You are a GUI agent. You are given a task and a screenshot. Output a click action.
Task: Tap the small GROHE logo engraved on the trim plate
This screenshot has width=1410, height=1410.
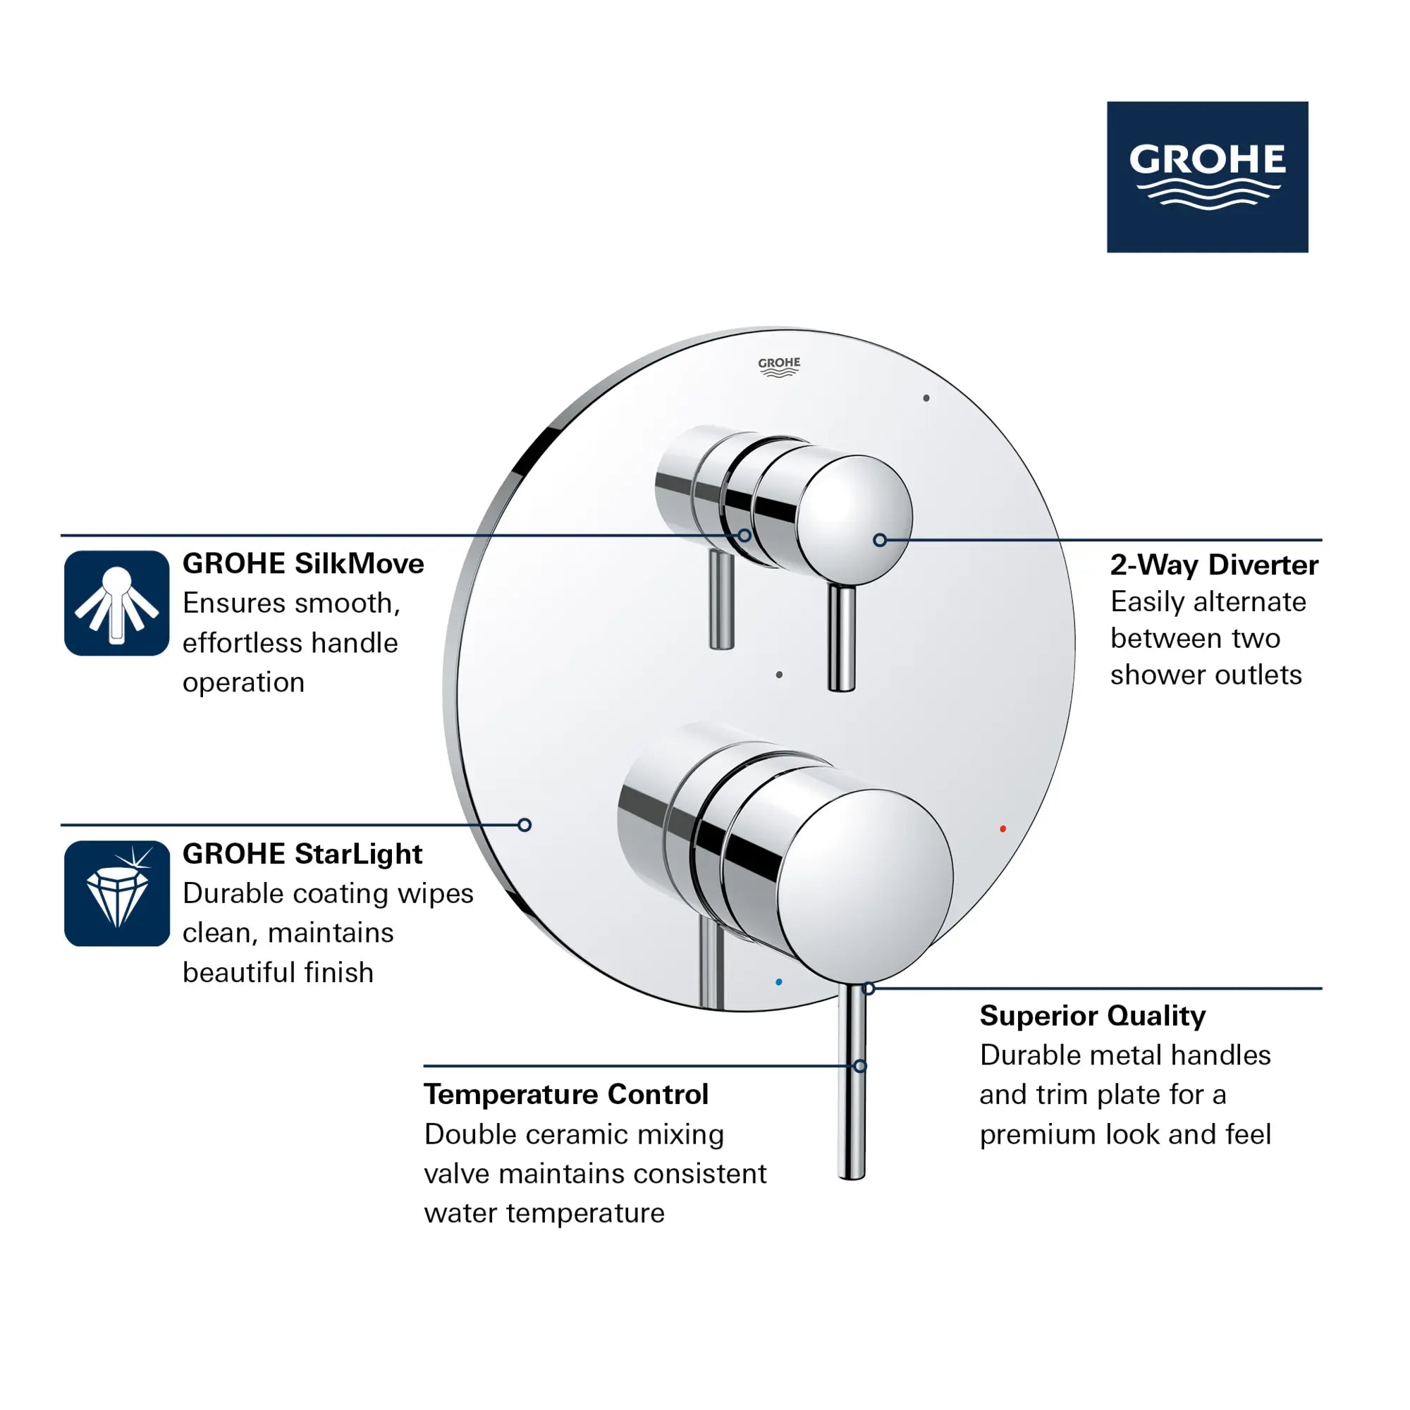point(779,367)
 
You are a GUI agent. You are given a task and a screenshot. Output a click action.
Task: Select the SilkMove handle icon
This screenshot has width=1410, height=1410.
point(117,603)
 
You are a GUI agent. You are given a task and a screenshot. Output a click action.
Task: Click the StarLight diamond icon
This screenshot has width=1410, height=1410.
point(117,893)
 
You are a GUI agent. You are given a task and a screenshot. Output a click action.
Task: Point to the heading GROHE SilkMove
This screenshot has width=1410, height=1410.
point(303,564)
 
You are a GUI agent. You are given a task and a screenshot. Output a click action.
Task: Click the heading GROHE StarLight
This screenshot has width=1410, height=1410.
point(302,854)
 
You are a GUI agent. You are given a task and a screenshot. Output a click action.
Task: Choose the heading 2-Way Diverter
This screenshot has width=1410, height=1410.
point(1214,565)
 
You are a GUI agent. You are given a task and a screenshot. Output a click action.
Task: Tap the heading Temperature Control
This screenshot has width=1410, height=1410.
point(565,1095)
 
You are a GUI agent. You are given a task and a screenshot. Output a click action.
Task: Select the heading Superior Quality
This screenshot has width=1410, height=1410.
point(1092,1016)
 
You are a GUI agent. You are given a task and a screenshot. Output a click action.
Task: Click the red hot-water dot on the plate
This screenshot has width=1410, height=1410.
point(1003,829)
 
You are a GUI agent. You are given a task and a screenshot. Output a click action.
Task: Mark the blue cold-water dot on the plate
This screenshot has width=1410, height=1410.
point(779,982)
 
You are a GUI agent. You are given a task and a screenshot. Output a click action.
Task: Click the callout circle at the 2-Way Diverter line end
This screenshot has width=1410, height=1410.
point(879,540)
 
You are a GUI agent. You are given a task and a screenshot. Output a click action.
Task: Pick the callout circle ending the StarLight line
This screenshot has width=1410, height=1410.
point(524,826)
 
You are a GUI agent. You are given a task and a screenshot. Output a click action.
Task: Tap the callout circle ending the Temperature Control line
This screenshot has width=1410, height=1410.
point(859,1066)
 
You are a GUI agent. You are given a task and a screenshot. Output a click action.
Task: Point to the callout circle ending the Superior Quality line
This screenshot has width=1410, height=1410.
point(869,989)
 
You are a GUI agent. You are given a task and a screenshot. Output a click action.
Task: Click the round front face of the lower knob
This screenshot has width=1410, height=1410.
point(865,887)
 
